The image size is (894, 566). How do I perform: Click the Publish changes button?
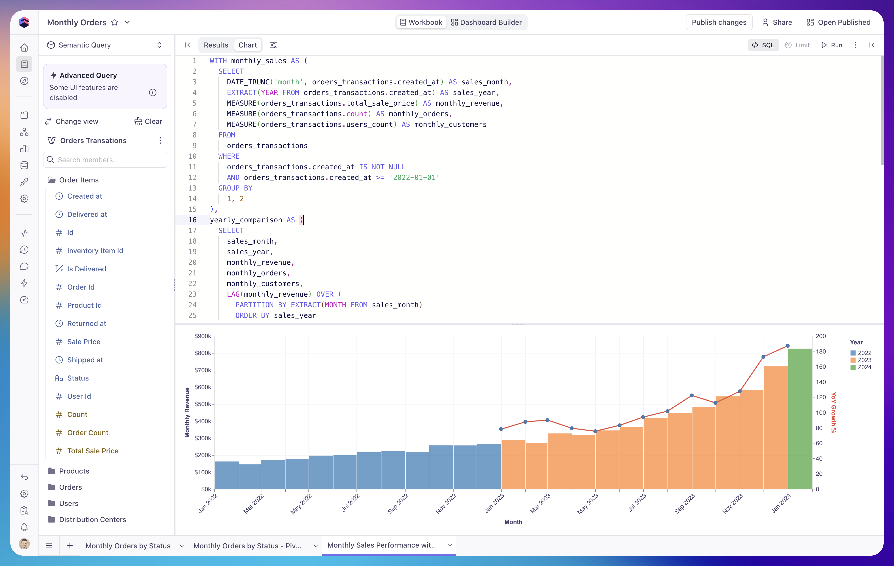coord(719,22)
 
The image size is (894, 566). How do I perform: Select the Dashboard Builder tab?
coord(486,22)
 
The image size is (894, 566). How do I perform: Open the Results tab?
coord(216,45)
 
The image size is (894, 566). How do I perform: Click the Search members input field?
coord(105,160)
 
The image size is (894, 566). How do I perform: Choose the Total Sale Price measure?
coord(93,451)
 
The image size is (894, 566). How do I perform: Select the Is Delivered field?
coord(86,269)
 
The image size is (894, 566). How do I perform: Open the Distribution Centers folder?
coord(93,520)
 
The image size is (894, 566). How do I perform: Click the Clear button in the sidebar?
coord(148,121)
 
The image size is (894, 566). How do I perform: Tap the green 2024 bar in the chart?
coord(800,419)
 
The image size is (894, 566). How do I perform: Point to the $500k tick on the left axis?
coord(203,404)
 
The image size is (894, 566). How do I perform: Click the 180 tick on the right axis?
coord(820,351)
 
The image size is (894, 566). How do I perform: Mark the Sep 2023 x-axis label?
coord(684,504)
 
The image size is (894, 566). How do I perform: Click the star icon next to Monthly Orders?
coord(115,22)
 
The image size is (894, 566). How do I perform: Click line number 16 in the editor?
coord(192,220)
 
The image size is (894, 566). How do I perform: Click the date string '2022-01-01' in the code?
coord(414,177)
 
